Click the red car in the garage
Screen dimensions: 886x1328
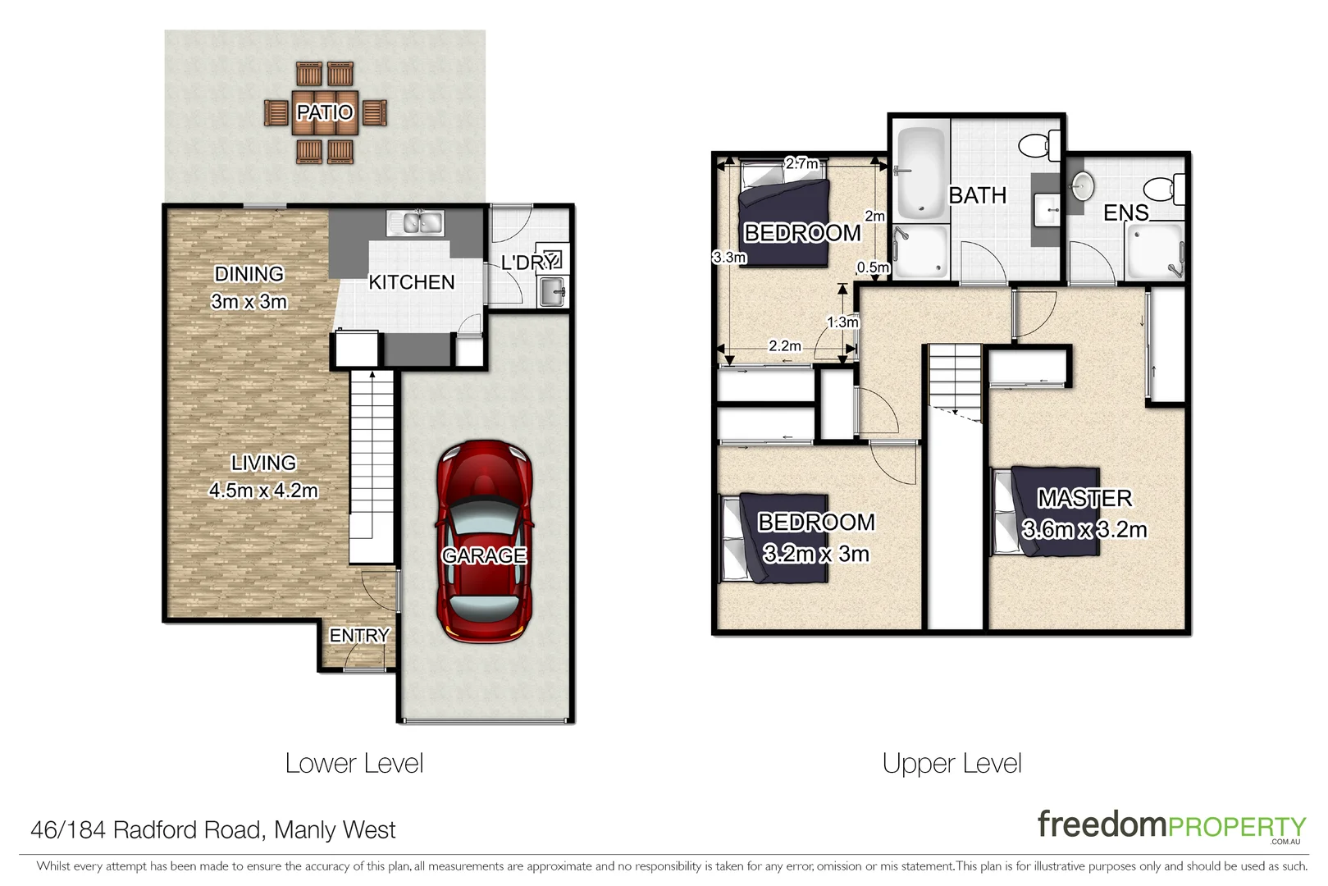pyautogui.click(x=484, y=541)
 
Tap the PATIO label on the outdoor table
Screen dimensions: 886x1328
pyautogui.click(x=325, y=112)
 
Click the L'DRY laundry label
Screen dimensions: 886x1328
pyautogui.click(x=529, y=263)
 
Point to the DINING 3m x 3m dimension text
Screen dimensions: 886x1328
pyautogui.click(x=249, y=301)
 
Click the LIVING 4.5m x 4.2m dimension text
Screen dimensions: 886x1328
pyautogui.click(x=262, y=491)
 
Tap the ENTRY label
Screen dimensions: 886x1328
pyautogui.click(x=358, y=636)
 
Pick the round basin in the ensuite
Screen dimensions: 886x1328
pyautogui.click(x=1082, y=185)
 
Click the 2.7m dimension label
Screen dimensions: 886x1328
pyautogui.click(x=801, y=163)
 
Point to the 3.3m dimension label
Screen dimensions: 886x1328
pyautogui.click(x=729, y=258)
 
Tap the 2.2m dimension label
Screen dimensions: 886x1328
pyautogui.click(x=784, y=346)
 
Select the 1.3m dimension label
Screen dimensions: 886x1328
pyautogui.click(x=842, y=322)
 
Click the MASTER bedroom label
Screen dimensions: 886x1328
pyautogui.click(x=1084, y=498)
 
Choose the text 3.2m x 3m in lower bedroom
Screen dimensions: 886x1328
pyautogui.click(x=815, y=554)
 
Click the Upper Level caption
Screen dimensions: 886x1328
pyautogui.click(x=952, y=764)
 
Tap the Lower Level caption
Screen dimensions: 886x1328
pyautogui.click(x=354, y=764)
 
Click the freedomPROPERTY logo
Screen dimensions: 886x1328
pyautogui.click(x=1171, y=825)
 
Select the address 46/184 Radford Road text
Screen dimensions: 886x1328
pyautogui.click(x=212, y=830)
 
